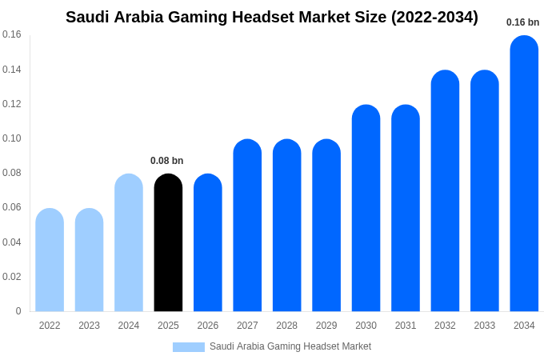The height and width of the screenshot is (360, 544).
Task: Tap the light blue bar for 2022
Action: pos(50,260)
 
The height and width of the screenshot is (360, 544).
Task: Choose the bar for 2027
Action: pos(247,226)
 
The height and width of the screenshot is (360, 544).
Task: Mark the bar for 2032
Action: pos(445,191)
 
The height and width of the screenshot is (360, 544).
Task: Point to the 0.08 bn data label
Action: pos(167,161)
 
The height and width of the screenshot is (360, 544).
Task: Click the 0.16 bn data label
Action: pos(523,22)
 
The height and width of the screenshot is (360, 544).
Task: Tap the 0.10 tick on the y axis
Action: pos(12,138)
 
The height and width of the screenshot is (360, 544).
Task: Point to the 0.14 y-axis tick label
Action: pos(12,70)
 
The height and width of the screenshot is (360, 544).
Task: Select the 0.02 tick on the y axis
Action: pos(12,277)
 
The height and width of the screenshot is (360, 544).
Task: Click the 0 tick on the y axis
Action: pos(18,311)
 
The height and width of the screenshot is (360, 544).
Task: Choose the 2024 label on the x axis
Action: pos(129,326)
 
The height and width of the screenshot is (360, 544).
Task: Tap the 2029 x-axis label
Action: pos(326,326)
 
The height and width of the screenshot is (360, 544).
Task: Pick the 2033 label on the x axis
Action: pos(485,326)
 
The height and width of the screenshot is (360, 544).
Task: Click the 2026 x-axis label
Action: pos(208,326)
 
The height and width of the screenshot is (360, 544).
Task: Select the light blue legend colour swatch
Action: pos(189,347)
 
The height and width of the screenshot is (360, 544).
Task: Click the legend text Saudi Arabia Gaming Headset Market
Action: pos(290,346)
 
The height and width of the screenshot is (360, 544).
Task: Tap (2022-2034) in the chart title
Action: pos(434,17)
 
